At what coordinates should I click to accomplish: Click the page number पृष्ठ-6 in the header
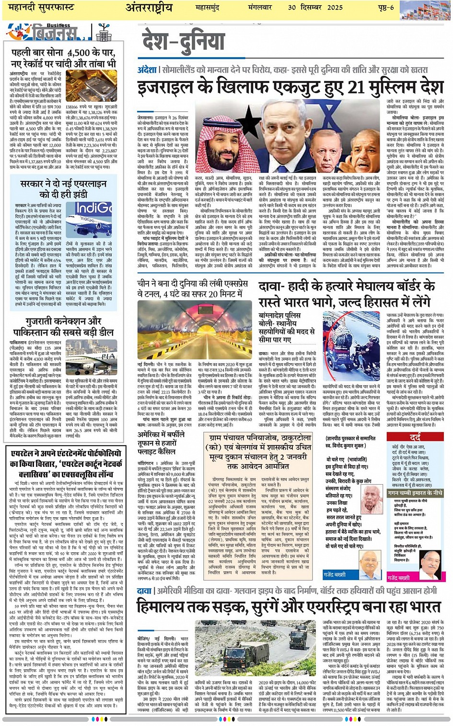(385, 7)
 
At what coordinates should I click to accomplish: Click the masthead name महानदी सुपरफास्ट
(42, 8)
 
